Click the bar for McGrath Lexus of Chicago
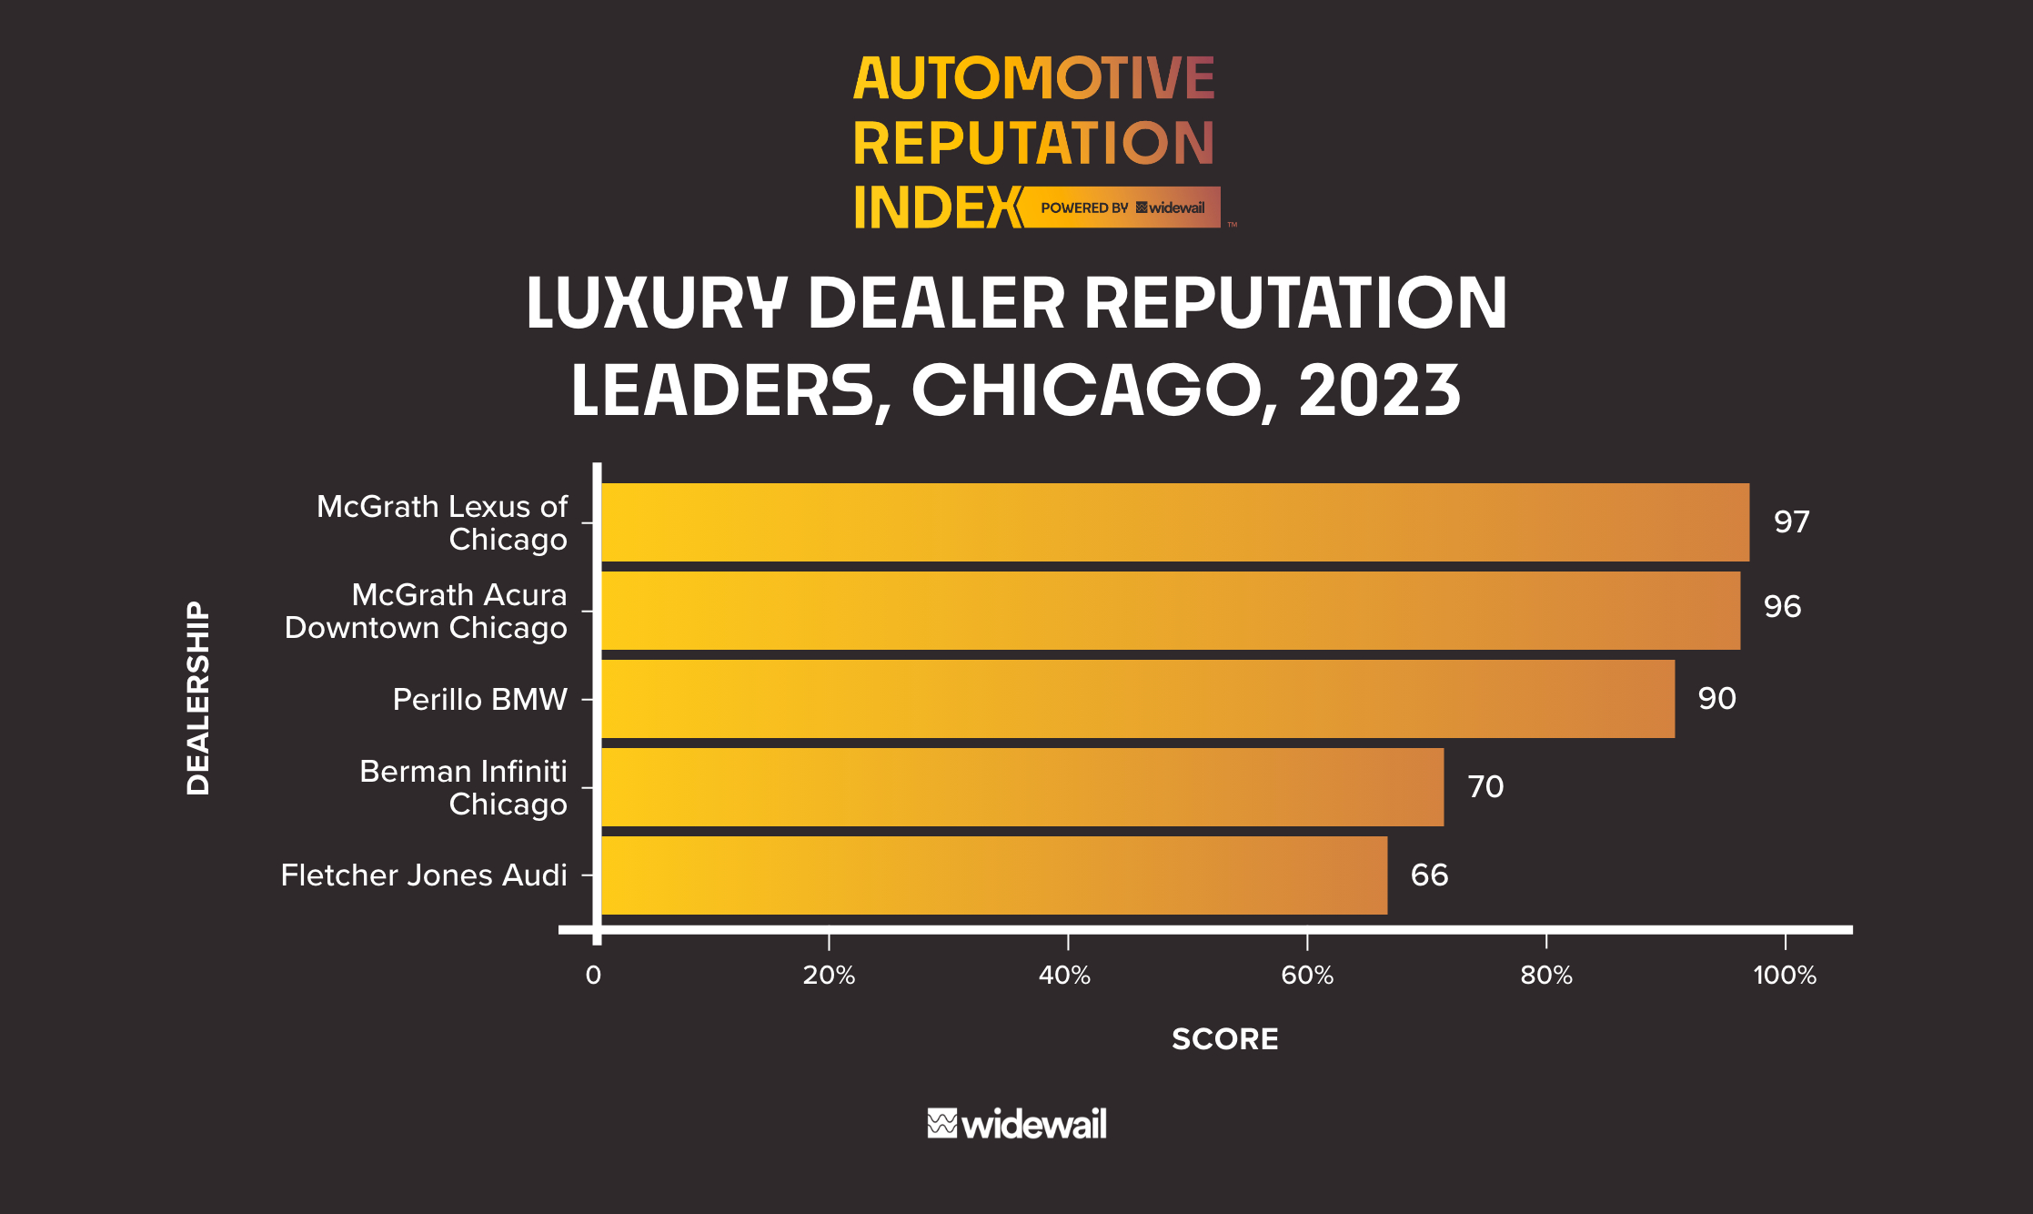pos(1173,522)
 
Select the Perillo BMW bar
pos(1137,699)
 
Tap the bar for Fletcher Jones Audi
pos(993,875)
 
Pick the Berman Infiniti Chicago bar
pos(1022,787)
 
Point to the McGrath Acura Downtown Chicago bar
pos(1170,611)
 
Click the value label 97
pos(1791,522)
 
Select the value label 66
pos(1429,875)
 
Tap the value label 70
pos(1485,787)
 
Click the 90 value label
pos(1716,699)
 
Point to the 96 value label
pos(1782,607)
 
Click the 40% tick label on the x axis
pos(1065,976)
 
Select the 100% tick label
pos(1784,976)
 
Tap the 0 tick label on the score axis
pos(593,976)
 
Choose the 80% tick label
pos(1545,976)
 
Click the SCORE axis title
pos(1224,1039)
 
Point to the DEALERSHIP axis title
pos(198,698)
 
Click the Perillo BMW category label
pos(479,699)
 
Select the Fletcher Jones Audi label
pos(424,875)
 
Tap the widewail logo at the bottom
pos(1016,1125)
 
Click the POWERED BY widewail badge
pos(1122,207)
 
